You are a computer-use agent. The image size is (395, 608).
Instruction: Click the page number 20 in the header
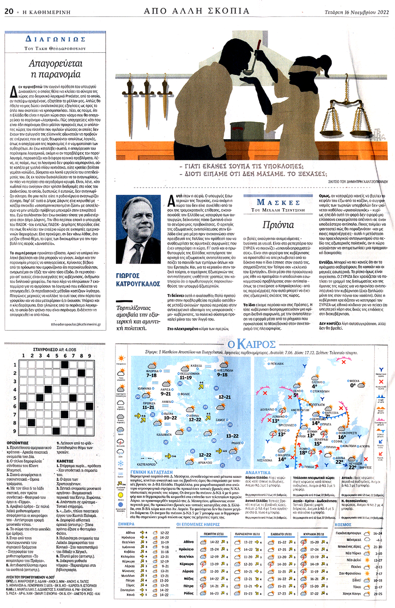[x=9, y=12]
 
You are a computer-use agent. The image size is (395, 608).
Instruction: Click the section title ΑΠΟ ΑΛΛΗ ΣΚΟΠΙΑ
[x=197, y=11]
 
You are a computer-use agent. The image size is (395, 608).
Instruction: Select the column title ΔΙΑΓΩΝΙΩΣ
[x=55, y=39]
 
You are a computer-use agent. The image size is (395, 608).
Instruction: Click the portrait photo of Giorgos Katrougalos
[x=138, y=229]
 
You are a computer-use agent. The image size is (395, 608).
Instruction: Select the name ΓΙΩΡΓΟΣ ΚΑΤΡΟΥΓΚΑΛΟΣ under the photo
[x=138, y=280]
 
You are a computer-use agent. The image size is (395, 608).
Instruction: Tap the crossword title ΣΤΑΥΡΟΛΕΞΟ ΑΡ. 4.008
[x=55, y=349]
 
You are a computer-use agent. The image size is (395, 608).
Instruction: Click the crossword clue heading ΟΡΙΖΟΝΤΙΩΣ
[x=18, y=443]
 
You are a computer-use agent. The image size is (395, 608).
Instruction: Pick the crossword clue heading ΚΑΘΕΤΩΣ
[x=65, y=461]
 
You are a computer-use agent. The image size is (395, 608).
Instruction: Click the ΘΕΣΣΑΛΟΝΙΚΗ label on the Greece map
[x=190, y=374]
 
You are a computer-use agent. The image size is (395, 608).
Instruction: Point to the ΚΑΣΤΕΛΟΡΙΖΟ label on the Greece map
[x=146, y=464]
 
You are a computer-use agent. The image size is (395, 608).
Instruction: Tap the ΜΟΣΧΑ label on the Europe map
[x=354, y=381]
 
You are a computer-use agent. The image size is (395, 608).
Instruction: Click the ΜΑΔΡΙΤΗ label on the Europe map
[x=284, y=455]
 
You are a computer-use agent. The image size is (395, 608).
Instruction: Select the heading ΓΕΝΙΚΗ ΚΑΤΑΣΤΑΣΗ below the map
[x=151, y=472]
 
